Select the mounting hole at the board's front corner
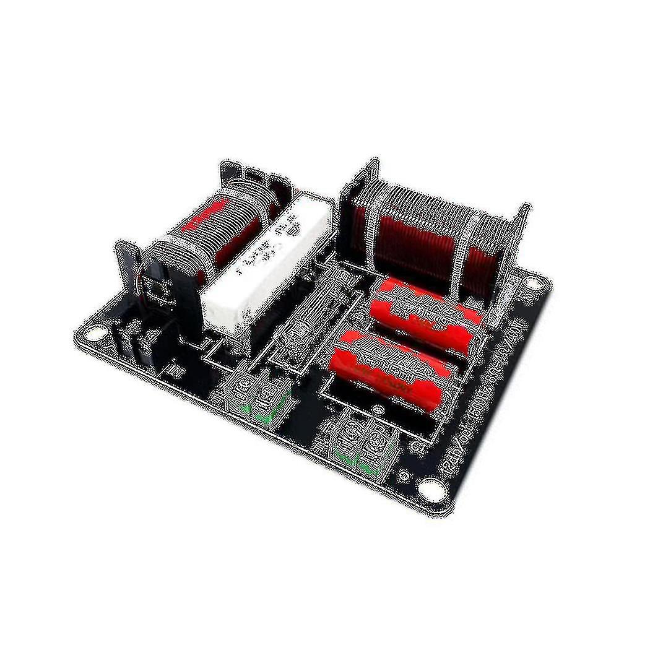429,489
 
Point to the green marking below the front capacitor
356,461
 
